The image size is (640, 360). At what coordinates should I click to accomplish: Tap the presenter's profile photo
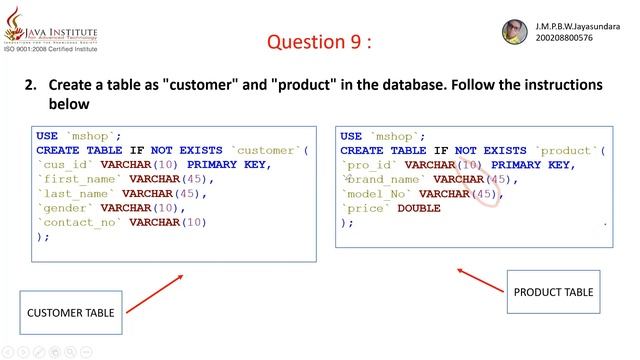point(513,32)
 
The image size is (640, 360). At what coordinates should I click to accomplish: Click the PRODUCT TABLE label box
point(553,292)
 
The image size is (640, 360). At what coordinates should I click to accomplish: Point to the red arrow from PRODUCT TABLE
point(480,279)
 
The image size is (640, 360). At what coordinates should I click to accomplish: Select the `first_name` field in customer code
point(80,179)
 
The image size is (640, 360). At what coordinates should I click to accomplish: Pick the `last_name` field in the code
point(76,193)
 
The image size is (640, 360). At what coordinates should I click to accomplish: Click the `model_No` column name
point(377,194)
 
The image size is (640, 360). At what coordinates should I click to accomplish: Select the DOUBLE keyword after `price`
point(419,208)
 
